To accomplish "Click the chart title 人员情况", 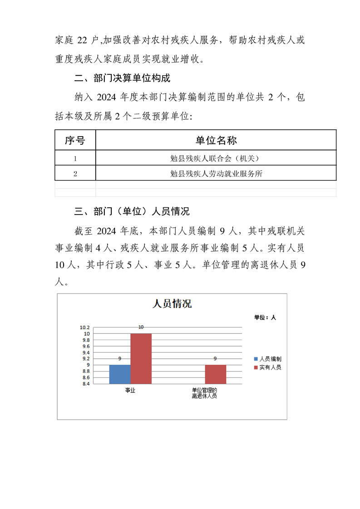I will coord(172,303).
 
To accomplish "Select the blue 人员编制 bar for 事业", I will coord(120,374).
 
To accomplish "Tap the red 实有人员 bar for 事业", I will coord(141,358).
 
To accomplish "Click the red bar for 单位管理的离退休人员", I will coord(215,374).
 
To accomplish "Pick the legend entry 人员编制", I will coord(270,359).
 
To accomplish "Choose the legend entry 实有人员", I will coord(270,367).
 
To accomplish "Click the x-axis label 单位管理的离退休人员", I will coord(204,393).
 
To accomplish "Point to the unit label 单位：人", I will coord(265,318).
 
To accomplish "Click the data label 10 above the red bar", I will coord(141,327).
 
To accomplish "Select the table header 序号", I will coord(75,140).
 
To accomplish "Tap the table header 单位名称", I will coord(216,140).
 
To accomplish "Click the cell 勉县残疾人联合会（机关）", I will coord(216,158).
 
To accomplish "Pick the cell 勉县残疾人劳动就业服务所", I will coord(216,173).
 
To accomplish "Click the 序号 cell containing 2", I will coord(75,173).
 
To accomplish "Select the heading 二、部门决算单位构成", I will coord(122,78).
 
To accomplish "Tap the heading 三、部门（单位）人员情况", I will coord(132,211).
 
